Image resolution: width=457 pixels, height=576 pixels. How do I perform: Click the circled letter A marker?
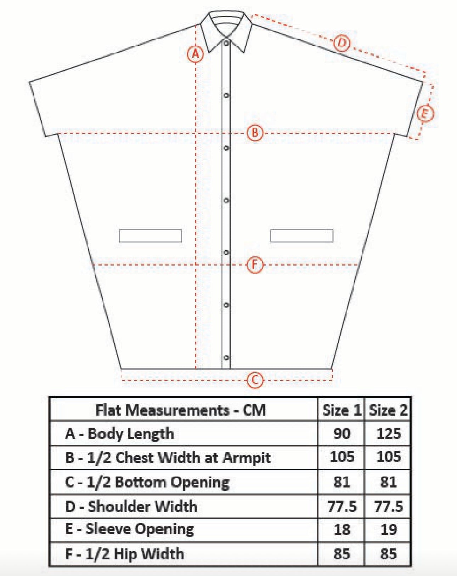(195, 54)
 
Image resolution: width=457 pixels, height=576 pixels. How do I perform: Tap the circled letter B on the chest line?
(255, 133)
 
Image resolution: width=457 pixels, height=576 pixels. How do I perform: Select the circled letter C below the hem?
(255, 380)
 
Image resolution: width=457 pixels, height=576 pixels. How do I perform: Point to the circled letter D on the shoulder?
(342, 43)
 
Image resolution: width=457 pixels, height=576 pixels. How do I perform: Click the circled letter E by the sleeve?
(425, 114)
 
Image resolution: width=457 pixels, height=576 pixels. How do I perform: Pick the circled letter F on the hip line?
(255, 264)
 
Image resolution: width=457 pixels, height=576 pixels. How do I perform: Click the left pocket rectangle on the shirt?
(150, 236)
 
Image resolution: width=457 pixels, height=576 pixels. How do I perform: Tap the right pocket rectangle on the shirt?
(301, 236)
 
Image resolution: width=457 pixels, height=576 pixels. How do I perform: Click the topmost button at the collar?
(226, 43)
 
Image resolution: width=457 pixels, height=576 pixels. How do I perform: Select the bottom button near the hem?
(226, 358)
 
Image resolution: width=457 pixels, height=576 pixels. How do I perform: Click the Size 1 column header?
(341, 410)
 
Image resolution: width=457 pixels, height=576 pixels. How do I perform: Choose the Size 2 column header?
(388, 410)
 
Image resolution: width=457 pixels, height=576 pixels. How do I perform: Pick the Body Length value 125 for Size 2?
(388, 433)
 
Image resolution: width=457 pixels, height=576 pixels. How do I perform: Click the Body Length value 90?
(342, 433)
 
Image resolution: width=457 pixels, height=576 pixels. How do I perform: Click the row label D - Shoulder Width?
(131, 506)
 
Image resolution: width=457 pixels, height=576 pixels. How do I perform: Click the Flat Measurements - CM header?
(181, 410)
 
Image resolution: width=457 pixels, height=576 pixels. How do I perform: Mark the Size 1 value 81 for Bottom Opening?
(342, 482)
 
